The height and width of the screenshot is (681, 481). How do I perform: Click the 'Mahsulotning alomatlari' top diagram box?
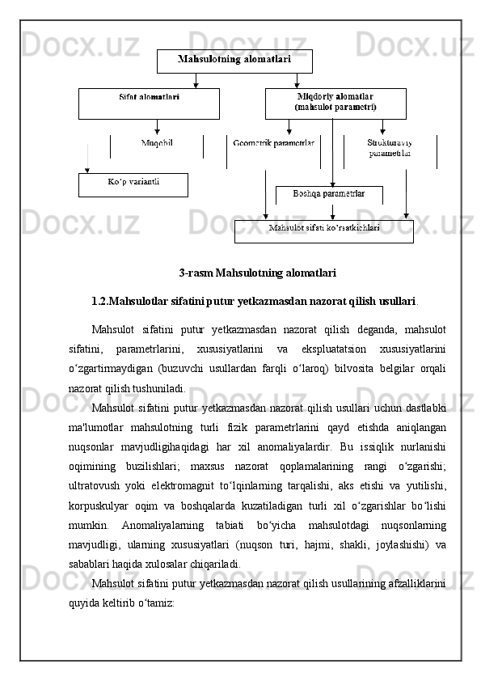pos(234,61)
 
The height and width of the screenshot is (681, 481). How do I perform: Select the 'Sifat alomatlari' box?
pos(149,104)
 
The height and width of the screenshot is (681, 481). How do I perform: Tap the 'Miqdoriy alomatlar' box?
pos(335,103)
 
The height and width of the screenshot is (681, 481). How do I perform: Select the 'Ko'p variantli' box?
pos(133,184)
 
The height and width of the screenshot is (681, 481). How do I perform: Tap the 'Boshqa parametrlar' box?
pos(328,194)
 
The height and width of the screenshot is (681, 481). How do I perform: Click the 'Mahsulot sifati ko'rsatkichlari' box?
pos(323,231)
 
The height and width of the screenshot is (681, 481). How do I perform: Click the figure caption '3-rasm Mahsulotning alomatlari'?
pos(257,273)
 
